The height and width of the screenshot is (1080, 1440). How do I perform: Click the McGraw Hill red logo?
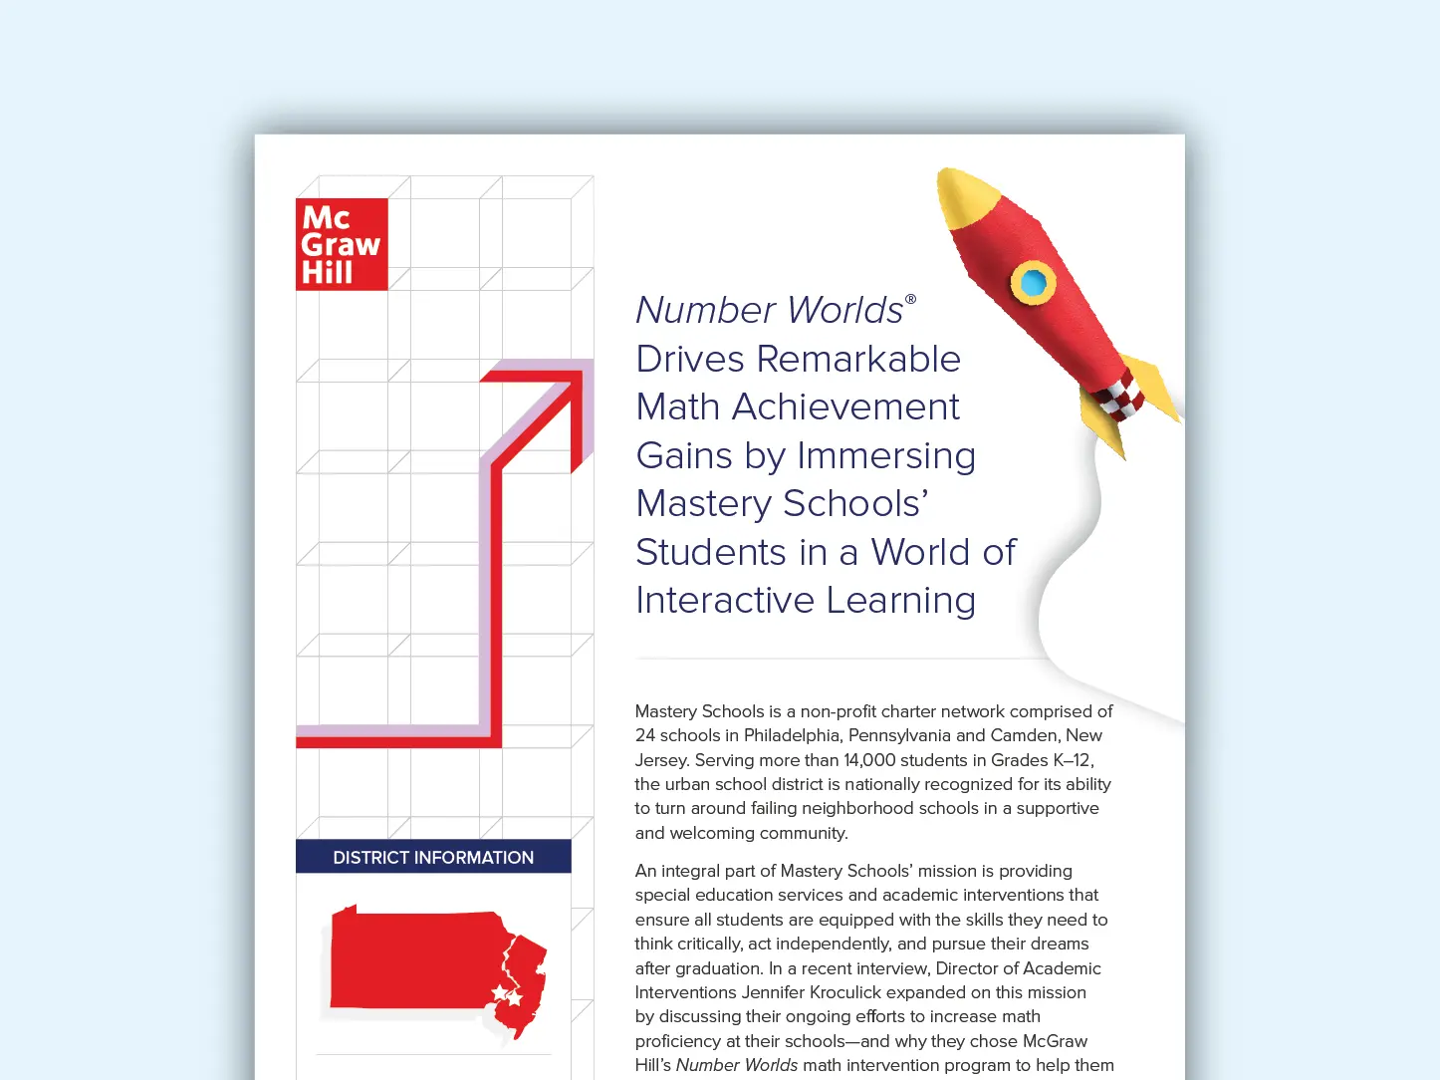342,244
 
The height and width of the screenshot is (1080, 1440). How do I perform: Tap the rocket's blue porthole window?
1034,283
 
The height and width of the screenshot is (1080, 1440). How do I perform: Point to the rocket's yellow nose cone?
964,195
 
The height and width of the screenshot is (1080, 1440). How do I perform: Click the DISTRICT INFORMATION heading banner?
433,857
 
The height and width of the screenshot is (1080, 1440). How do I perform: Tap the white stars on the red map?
507,994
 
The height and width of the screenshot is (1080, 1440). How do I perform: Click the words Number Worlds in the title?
769,310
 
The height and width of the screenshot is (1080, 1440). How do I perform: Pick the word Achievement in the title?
845,406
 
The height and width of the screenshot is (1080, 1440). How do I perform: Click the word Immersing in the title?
885,455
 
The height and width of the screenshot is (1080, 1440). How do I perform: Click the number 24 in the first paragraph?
645,735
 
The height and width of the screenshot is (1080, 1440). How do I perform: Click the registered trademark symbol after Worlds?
910,299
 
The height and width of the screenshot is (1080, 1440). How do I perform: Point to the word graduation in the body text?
712,968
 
